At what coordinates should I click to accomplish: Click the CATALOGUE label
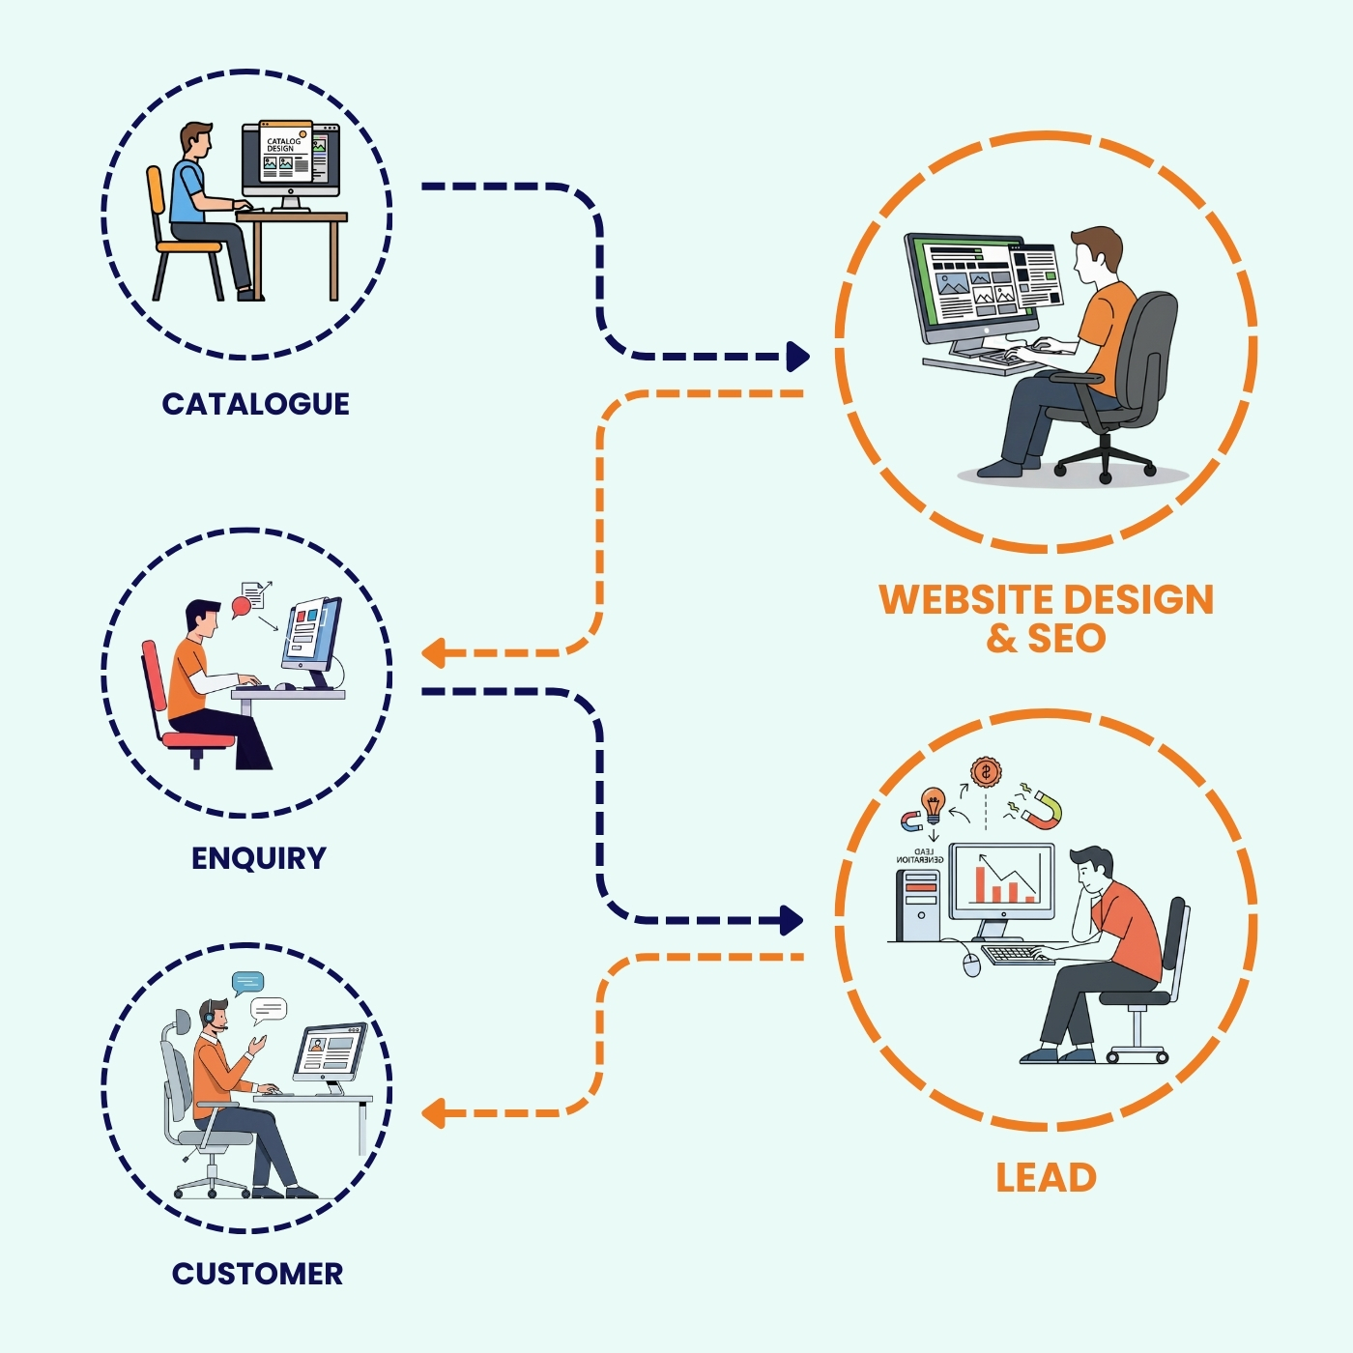click(255, 404)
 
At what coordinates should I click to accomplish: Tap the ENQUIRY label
click(258, 858)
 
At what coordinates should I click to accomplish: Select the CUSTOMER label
click(257, 1274)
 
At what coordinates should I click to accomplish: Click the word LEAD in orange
click(1046, 1178)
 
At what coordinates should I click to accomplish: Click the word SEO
click(1067, 639)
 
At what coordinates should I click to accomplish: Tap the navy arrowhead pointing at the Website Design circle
click(797, 357)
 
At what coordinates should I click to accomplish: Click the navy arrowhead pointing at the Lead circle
click(792, 920)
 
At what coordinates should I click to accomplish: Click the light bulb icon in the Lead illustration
click(933, 803)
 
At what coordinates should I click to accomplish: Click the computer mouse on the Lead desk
click(972, 964)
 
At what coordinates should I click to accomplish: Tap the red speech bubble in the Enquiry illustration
click(241, 607)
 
